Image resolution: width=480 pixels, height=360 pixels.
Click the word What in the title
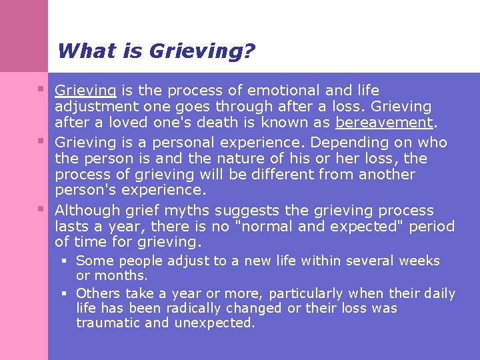tap(79, 51)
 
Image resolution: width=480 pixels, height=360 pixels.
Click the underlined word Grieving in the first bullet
tap(86, 91)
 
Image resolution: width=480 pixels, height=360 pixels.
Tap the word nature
tap(253, 159)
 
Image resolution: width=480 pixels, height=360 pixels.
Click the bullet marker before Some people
tap(65, 259)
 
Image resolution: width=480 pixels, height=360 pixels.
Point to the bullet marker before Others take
tap(65, 293)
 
